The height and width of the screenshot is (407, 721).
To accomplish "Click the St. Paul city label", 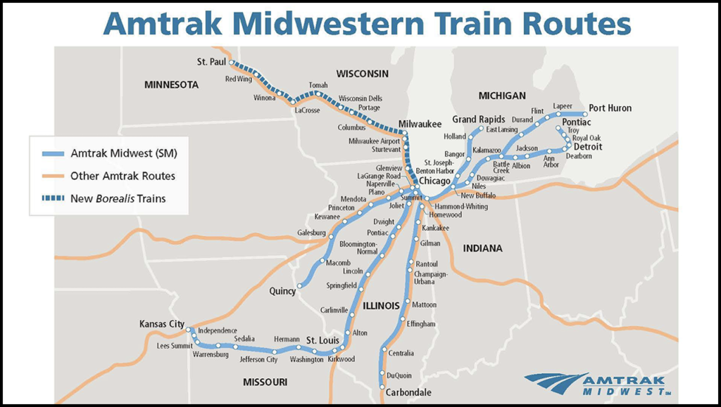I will (211, 62).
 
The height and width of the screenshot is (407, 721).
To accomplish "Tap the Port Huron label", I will (610, 108).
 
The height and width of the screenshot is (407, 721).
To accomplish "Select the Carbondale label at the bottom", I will (408, 392).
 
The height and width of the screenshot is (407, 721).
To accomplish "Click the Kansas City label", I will (161, 324).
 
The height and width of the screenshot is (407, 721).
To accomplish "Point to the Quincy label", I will (282, 290).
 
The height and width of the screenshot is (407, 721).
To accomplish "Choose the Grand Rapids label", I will (479, 119).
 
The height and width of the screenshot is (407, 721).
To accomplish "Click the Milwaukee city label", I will (420, 124).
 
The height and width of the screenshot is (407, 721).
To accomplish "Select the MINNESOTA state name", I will (171, 84).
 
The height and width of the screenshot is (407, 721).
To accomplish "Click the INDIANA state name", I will (483, 248).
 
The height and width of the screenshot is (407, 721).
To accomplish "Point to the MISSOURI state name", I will (265, 382).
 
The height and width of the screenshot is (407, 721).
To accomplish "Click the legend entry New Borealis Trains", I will (118, 198).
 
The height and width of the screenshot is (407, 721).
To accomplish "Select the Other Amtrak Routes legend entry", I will (123, 176).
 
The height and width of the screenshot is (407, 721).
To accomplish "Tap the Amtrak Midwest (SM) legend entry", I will (123, 153).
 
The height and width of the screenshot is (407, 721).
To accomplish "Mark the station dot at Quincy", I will (300, 286).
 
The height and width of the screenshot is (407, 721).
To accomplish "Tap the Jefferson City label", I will (258, 360).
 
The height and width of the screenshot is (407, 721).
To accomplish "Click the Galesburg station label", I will (312, 233).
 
